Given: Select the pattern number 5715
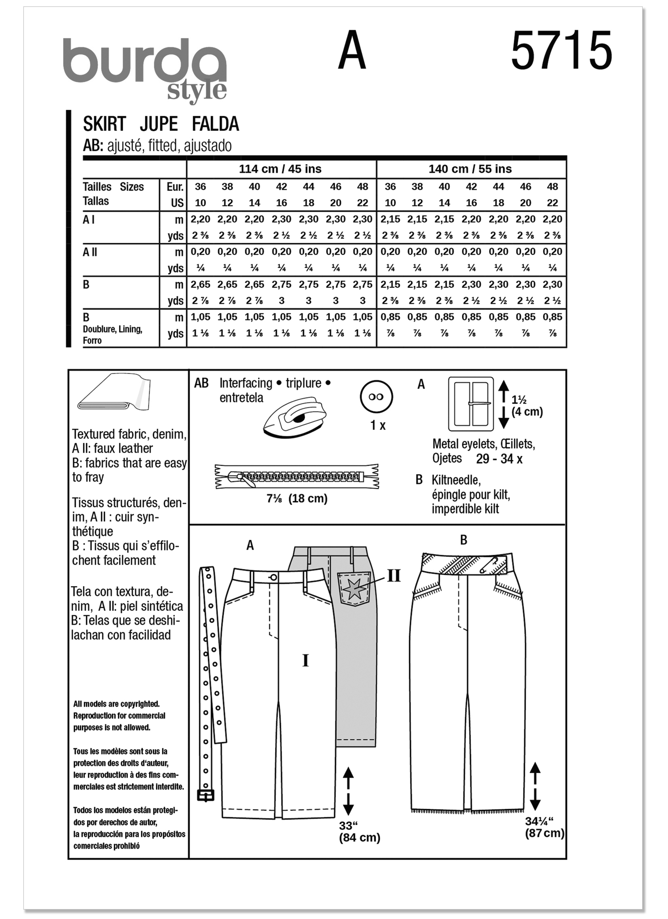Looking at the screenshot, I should point(561,52).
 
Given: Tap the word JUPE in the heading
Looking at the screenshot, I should point(159,124).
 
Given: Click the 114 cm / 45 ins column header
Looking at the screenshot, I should point(280,169).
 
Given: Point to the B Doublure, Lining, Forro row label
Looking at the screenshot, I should point(113,329).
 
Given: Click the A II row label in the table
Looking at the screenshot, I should point(90,252).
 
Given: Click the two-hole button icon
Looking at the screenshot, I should point(376,397).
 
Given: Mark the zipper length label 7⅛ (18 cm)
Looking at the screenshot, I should point(297,498).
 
